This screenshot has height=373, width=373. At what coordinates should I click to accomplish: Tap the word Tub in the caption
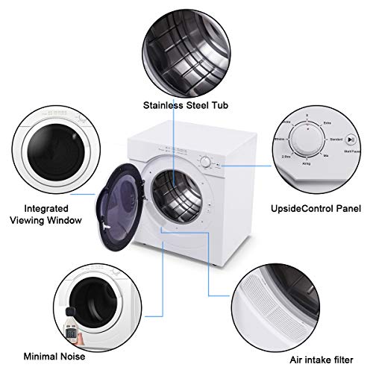tap(211, 104)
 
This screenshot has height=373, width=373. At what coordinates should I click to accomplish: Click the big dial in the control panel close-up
tap(307, 139)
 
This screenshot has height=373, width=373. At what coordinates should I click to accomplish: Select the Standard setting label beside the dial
tap(335, 139)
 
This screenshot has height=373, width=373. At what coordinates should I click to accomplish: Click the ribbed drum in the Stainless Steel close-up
tap(178, 45)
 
